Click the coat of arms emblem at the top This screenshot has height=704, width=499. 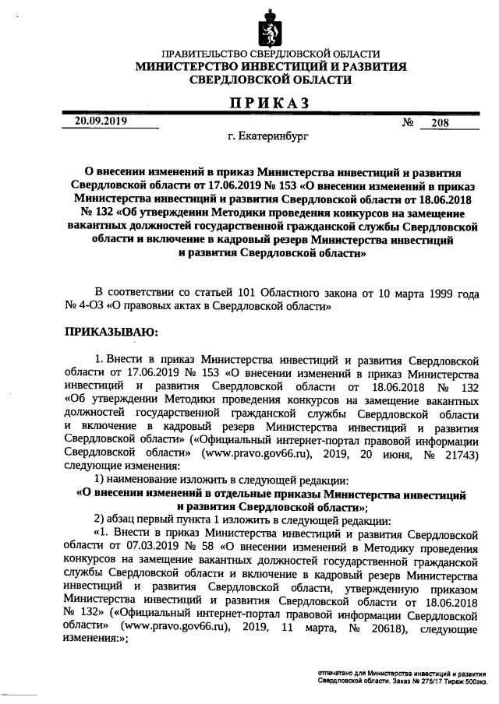point(269,26)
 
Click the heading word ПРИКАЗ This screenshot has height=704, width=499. point(269,102)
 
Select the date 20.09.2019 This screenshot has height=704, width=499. point(101,121)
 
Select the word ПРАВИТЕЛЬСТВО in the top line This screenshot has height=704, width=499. point(210,54)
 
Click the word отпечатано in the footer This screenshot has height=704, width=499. point(337,671)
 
